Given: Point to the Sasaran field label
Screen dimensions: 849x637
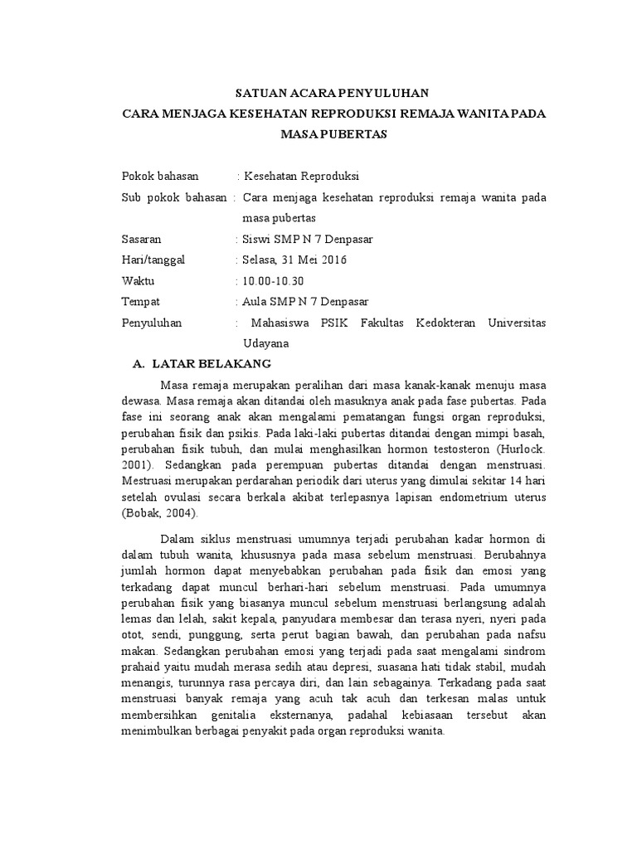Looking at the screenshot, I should tap(143, 240).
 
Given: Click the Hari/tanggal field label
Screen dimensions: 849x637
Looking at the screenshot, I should tap(153, 260).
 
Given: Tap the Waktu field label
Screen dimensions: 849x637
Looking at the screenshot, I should tap(139, 280).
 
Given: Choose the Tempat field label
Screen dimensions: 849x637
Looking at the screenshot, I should tap(140, 301).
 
